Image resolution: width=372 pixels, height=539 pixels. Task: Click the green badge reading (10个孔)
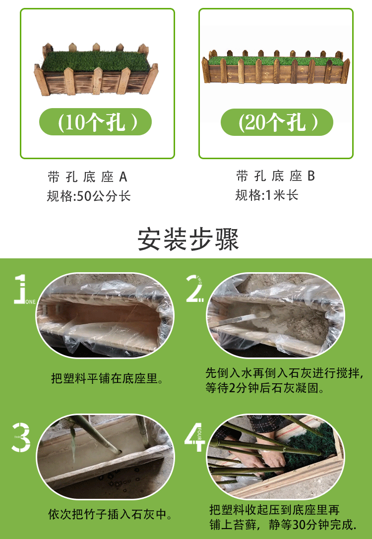[x=95, y=121]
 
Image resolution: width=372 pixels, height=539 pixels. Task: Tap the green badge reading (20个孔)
[x=277, y=122]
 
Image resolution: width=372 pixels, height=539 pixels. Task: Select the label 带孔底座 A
[x=88, y=177]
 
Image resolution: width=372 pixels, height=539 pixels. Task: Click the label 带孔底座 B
[x=276, y=176]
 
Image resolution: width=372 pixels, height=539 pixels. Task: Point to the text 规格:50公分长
[x=89, y=196]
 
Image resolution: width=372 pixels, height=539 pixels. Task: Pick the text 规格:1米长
[x=267, y=195]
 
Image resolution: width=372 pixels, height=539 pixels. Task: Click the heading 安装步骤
[x=188, y=240]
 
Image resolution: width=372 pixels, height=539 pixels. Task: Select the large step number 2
[x=194, y=289]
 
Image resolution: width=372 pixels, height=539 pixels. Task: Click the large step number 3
[x=21, y=437]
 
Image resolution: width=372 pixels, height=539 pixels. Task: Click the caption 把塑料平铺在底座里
[x=107, y=378]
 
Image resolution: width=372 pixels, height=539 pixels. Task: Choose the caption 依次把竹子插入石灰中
[x=110, y=514]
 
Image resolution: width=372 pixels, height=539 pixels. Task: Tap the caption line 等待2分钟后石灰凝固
[x=265, y=388]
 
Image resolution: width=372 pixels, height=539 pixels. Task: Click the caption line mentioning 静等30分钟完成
[x=283, y=525]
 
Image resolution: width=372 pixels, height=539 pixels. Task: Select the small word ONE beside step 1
[x=30, y=302]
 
